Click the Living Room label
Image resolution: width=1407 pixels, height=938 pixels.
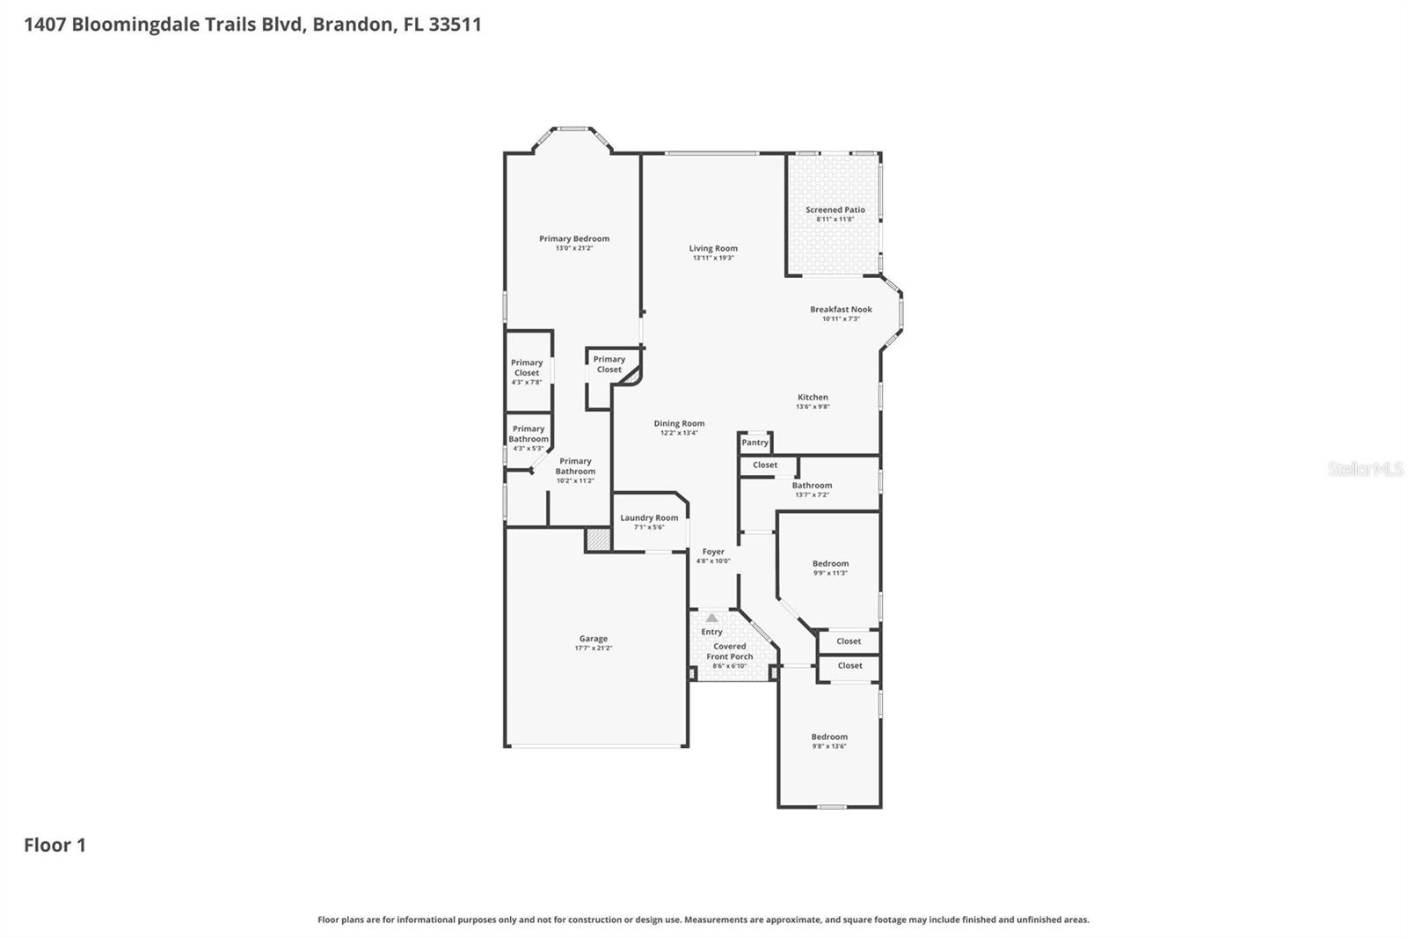click(713, 249)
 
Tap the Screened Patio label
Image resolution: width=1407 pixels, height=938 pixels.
click(835, 210)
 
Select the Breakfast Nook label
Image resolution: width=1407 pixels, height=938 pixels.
click(841, 310)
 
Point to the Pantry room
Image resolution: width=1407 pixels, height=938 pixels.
click(755, 443)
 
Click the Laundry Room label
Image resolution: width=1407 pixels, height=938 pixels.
click(649, 518)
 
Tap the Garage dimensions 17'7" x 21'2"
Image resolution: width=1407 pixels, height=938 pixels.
click(594, 649)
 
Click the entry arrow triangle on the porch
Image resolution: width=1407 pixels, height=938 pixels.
click(711, 619)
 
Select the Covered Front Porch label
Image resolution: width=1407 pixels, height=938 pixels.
click(729, 651)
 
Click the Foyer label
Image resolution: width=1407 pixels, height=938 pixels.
click(713, 552)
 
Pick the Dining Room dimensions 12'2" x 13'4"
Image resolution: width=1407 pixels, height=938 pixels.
click(679, 433)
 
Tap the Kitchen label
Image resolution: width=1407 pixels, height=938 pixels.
click(813, 398)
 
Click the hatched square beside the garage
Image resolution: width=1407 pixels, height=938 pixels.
click(599, 539)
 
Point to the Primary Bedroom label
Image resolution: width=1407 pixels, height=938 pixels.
click(574, 238)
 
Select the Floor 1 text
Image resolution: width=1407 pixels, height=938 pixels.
click(55, 846)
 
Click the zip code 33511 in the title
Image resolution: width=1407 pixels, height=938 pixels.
click(455, 24)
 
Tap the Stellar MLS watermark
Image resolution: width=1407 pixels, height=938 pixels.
click(1365, 469)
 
